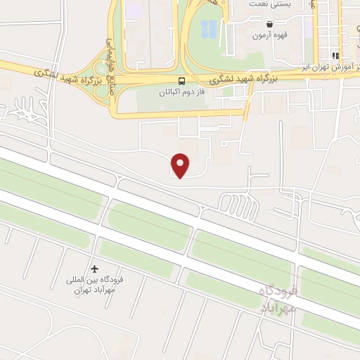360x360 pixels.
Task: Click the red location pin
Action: point(181,165)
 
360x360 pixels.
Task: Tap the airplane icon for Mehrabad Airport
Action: point(96,269)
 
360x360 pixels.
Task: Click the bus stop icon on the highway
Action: point(181,82)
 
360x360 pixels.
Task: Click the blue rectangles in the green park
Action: point(209,29)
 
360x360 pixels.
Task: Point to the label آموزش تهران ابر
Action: point(330,67)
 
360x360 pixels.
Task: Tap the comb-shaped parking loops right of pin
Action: point(232,203)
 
